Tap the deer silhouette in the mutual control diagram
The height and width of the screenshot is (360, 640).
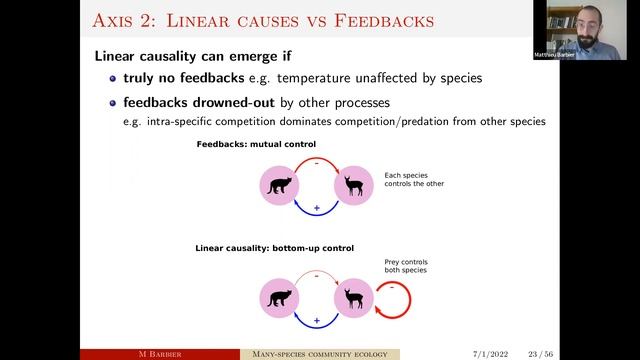coord(353,185)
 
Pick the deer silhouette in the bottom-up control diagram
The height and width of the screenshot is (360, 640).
coord(353,297)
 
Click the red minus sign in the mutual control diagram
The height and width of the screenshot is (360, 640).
coord(316,160)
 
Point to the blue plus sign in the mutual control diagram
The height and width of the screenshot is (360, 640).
coord(316,207)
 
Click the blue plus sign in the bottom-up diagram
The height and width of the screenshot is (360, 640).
coord(316,320)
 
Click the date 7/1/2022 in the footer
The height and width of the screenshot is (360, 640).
coord(488,353)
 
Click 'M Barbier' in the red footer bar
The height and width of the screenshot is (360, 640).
coord(159,353)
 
